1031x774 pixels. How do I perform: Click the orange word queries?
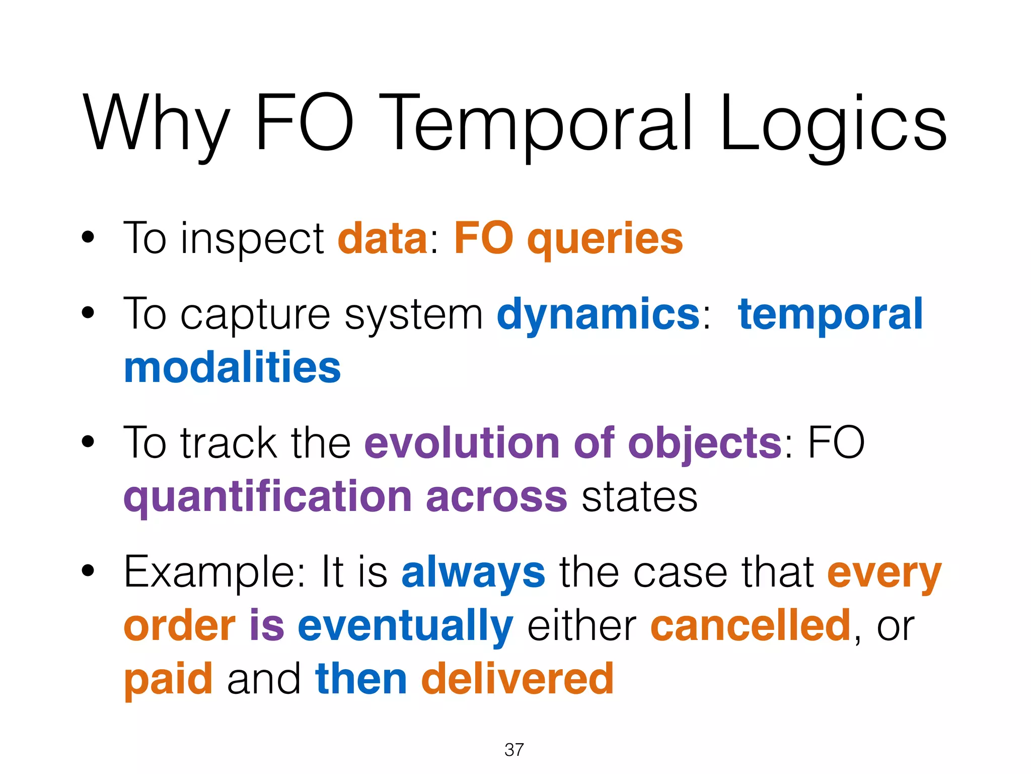coord(605,239)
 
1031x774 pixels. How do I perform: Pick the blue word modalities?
coord(232,367)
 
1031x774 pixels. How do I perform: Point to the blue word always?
coord(473,573)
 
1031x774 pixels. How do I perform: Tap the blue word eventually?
coord(405,627)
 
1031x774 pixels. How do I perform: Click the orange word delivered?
coord(517,679)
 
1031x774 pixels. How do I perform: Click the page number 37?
coord(514,750)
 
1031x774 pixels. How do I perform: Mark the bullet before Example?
coord(88,571)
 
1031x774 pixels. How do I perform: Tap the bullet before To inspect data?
coord(88,237)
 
